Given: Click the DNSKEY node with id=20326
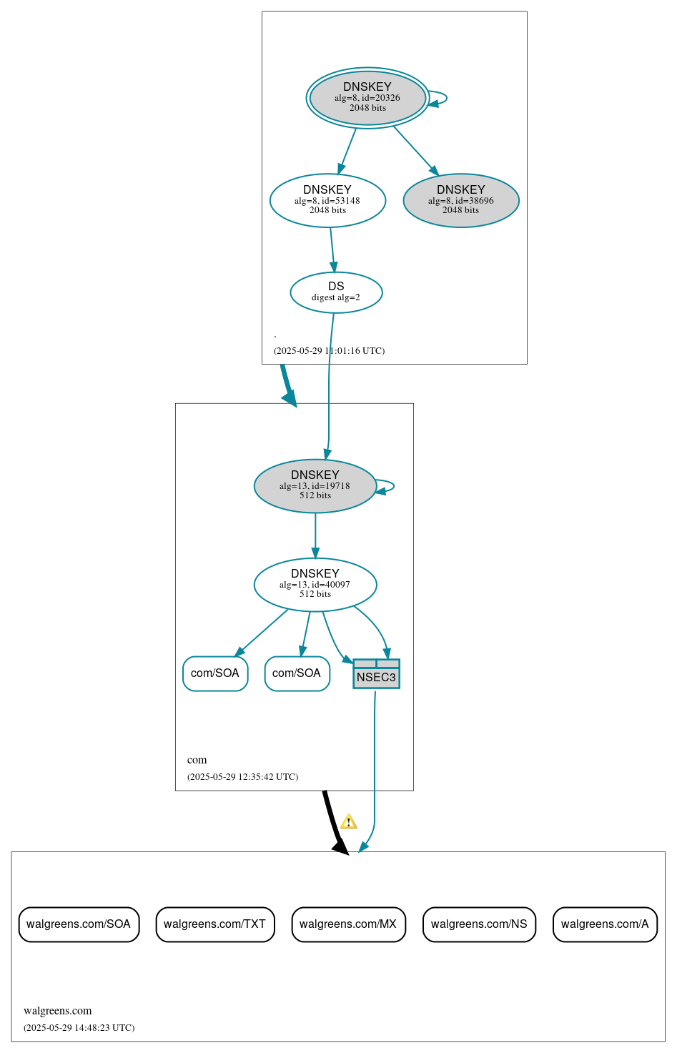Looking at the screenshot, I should pos(367,98).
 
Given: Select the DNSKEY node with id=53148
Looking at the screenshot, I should pos(327,200).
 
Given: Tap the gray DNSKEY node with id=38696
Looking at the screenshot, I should pos(461,200).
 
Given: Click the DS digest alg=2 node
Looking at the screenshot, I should pos(336,292).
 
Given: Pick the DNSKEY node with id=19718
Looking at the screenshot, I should pos(315,486).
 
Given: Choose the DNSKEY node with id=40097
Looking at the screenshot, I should pos(315,585).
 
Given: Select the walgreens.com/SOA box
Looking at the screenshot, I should pos(79,924).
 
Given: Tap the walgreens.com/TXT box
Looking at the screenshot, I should pos(214,924).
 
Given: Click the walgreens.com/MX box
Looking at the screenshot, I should pos(348,924).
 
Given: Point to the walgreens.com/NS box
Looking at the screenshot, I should pos(479,924).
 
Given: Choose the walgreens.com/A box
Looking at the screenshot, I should pos(605,924).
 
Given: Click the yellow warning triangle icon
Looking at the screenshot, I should pos(348,821).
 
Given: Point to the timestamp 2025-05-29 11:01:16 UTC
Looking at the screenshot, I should pos(329,351).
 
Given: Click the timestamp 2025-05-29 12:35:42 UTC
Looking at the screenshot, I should pos(242,777).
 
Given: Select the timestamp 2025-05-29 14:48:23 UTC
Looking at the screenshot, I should pos(79,1028).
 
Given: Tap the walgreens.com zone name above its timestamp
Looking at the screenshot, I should pos(58,1011).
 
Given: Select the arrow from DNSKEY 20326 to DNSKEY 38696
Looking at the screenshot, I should pos(415,150).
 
